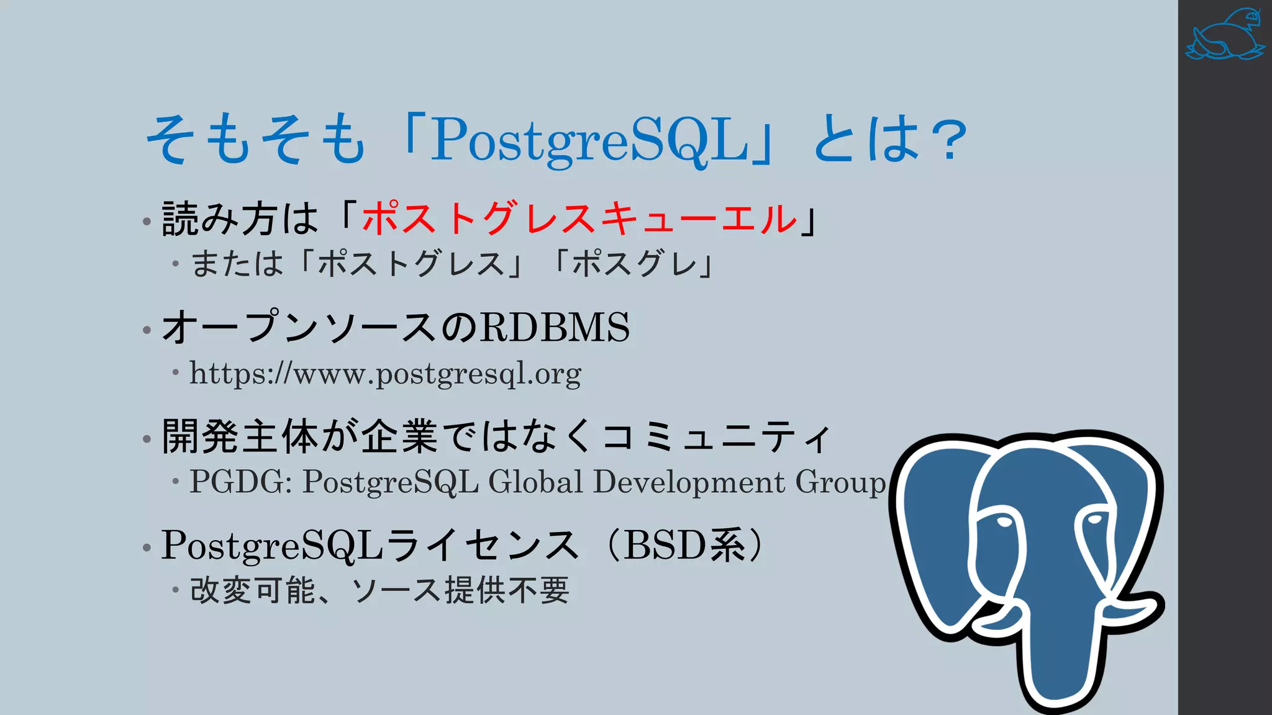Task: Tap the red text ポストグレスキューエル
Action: pos(579,218)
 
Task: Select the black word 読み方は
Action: pos(240,218)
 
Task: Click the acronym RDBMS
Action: pos(555,327)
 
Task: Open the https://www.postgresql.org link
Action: pos(385,374)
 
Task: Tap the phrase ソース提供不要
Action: pos(460,590)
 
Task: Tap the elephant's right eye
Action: pos(1094,519)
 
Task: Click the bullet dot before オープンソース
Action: pos(147,330)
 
